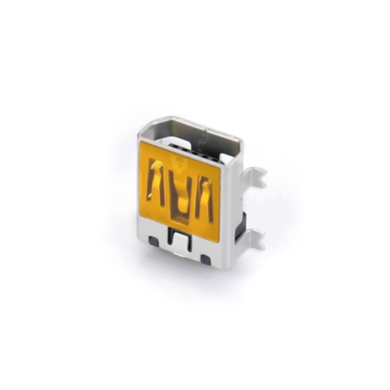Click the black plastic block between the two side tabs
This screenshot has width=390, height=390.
[241, 226]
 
